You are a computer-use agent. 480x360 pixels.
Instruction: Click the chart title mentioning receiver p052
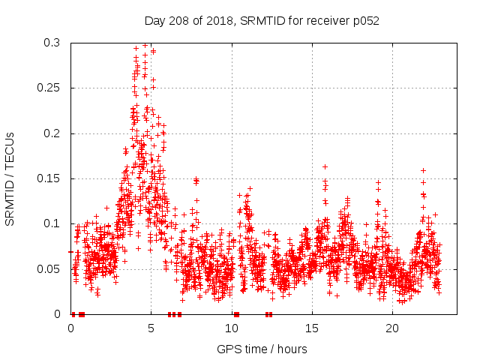tap(262, 21)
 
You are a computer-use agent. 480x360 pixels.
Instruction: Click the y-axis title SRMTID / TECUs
tap(10, 178)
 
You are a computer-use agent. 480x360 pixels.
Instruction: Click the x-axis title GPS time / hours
tap(262, 349)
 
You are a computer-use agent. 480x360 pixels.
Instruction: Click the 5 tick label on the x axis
tap(151, 328)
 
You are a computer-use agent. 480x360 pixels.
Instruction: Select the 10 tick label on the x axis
tap(231, 328)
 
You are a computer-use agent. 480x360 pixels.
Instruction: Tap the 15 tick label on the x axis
tap(311, 328)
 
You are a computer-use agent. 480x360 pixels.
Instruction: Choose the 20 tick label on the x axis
tap(391, 328)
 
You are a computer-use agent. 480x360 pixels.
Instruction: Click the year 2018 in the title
tap(219, 21)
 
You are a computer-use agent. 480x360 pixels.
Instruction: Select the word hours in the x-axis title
tap(291, 349)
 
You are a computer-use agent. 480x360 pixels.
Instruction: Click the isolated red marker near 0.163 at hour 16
tap(325, 166)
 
